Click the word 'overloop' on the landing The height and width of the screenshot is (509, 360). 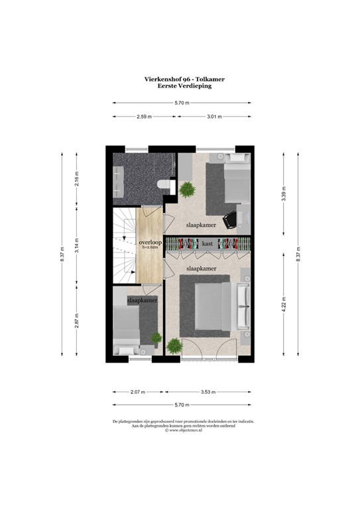[150, 243]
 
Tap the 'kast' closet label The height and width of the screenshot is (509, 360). [208, 244]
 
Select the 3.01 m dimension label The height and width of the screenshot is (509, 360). [214, 117]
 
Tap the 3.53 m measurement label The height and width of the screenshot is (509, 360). [210, 392]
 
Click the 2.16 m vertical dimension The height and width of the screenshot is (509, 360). [77, 179]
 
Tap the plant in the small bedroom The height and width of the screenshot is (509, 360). [156, 338]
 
